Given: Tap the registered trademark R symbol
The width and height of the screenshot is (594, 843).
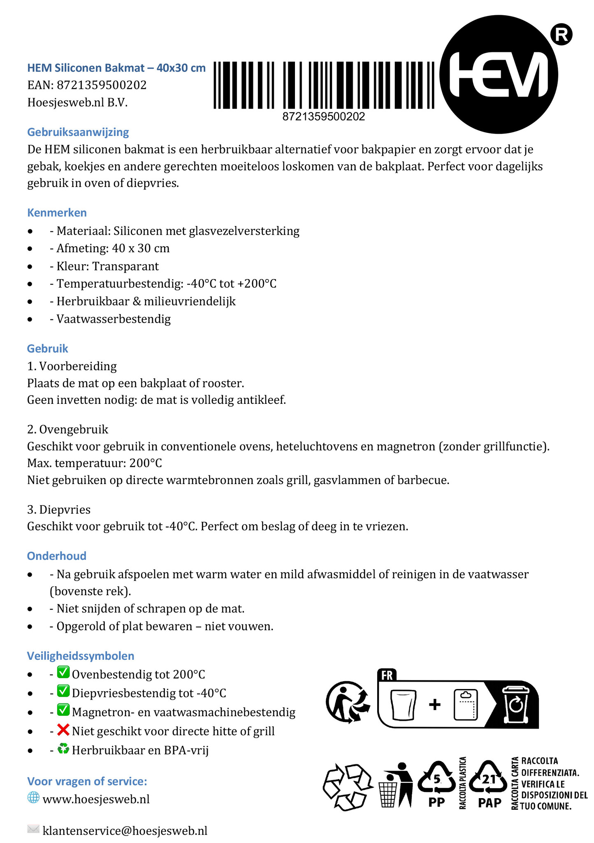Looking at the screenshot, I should click(561, 35).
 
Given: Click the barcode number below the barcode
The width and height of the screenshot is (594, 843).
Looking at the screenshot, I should click(323, 117).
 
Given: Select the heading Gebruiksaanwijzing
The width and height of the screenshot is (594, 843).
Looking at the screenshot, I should click(78, 132).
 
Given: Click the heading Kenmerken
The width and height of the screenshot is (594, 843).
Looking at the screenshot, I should click(57, 213).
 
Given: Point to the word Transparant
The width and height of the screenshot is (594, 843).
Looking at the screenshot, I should click(125, 266).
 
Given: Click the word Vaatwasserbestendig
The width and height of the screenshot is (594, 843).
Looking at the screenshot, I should click(114, 319).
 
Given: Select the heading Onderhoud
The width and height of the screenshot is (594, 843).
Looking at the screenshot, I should click(57, 556).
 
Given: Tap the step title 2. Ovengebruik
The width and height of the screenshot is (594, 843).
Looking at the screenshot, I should click(67, 429).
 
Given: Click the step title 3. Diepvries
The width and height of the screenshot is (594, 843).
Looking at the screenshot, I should click(59, 510).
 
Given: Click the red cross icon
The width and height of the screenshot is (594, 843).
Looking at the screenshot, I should click(63, 731).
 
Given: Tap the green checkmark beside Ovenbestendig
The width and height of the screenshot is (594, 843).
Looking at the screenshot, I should click(63, 673).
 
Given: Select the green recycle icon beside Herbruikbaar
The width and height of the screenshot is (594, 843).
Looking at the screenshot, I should click(63, 749).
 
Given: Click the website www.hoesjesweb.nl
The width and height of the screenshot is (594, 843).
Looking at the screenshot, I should click(96, 799).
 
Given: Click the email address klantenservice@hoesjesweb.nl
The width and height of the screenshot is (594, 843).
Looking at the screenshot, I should click(125, 830).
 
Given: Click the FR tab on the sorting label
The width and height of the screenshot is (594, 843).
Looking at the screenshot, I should click(387, 675).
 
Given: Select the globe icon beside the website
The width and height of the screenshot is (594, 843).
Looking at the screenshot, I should click(33, 798).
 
